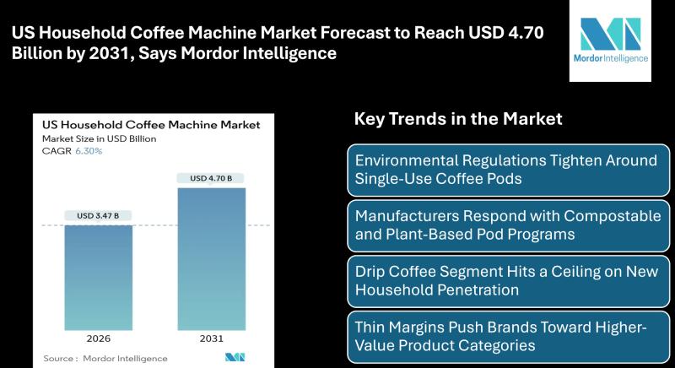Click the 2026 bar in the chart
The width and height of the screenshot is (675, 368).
[99, 278]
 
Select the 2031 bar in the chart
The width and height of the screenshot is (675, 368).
[212, 259]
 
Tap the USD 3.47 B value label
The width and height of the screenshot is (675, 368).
[98, 215]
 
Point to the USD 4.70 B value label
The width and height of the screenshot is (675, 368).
[211, 178]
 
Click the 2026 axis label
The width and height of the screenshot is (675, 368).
[98, 338]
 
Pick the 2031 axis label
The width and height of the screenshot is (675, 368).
[212, 338]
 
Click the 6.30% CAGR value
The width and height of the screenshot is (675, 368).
[89, 151]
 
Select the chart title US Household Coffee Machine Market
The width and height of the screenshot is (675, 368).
[151, 125]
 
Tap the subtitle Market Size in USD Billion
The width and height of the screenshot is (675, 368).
[99, 138]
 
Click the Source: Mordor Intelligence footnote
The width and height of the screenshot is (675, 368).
[105, 358]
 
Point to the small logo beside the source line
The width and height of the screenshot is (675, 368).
[235, 357]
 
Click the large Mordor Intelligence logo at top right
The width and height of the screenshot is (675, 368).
[610, 41]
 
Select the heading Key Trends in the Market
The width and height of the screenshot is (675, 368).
[458, 119]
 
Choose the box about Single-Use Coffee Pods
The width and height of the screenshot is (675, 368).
[509, 170]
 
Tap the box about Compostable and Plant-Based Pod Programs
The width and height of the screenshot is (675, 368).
[509, 225]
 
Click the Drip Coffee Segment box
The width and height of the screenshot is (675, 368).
[509, 281]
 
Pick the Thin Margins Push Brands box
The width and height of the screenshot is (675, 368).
[509, 337]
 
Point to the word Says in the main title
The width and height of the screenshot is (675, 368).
[158, 53]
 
